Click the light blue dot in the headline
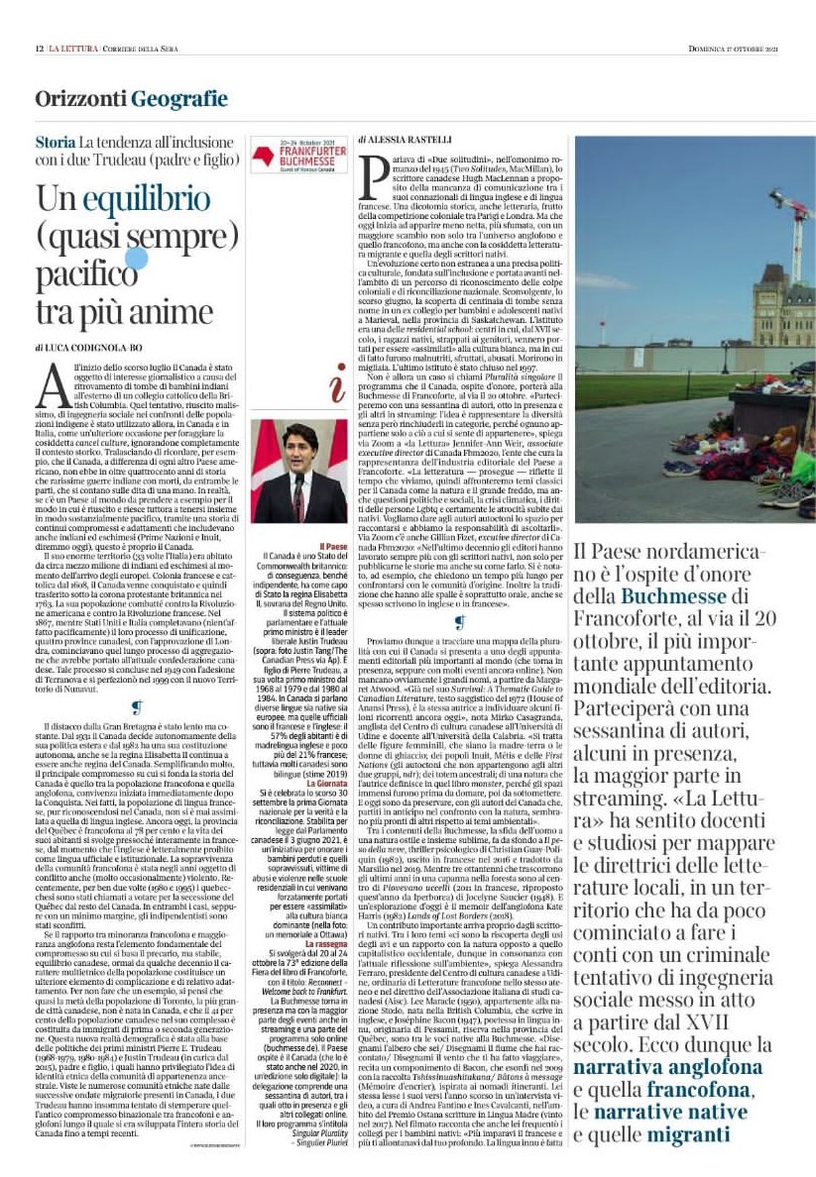[137, 259]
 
